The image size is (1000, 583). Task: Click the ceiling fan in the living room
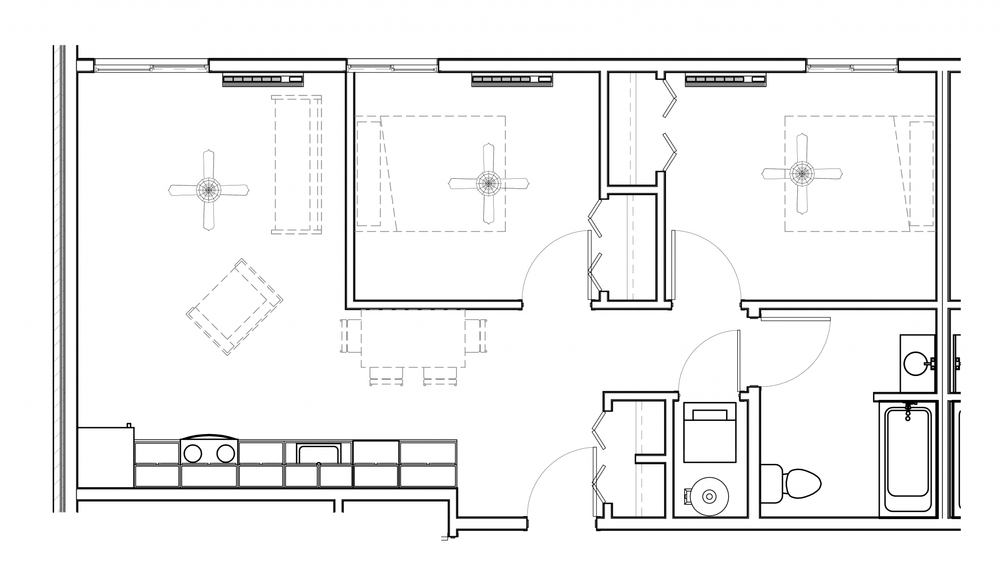tap(208, 189)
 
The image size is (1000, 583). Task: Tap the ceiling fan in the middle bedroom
tap(488, 184)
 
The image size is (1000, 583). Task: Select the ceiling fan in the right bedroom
tap(802, 173)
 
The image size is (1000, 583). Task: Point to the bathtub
tap(908, 459)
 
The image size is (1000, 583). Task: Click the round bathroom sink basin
tap(915, 364)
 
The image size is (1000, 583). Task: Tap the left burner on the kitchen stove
tap(192, 454)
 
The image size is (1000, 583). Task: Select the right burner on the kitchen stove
tap(226, 454)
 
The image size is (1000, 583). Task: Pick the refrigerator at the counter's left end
tap(105, 457)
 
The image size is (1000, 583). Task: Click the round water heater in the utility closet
tap(708, 497)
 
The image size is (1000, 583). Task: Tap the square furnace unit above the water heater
tap(709, 433)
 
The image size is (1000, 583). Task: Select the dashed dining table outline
tap(413, 338)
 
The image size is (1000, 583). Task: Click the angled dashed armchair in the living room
tap(234, 307)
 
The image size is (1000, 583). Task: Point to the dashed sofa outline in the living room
tap(296, 165)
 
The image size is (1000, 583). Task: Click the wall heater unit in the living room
tap(263, 80)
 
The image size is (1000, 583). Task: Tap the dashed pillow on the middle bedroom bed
tap(369, 174)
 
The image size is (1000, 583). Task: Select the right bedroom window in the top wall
tap(852, 66)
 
